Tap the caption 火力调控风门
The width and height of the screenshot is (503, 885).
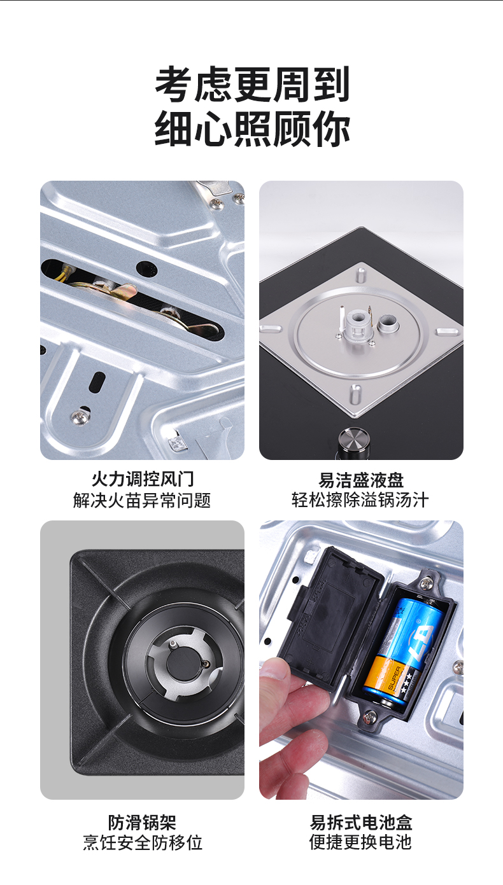[x=142, y=479]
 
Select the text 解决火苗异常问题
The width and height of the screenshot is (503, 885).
[x=142, y=500]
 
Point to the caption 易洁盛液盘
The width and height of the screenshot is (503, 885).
[x=361, y=479]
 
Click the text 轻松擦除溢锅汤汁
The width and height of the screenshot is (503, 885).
[x=361, y=500]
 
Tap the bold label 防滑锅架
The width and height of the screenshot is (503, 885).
[x=142, y=822]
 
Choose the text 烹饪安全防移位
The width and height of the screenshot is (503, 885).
[x=142, y=843]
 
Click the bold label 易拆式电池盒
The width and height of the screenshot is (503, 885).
[x=361, y=822]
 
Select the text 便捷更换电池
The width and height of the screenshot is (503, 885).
[x=361, y=843]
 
